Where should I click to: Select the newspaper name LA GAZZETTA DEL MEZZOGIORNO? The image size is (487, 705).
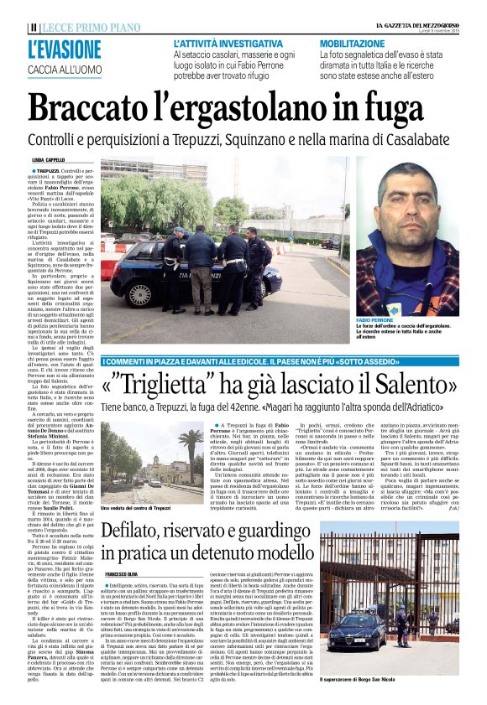point(418,26)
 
